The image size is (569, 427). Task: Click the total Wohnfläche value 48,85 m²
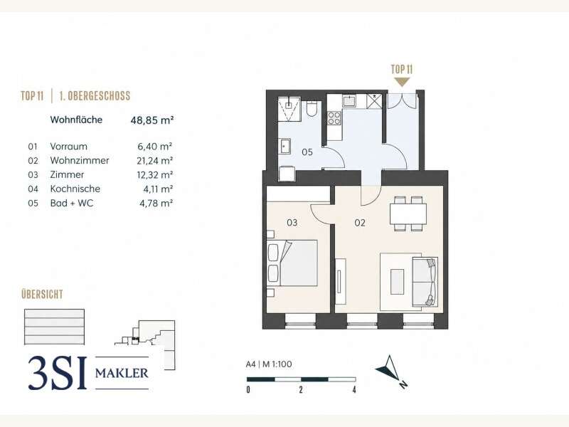click(x=152, y=120)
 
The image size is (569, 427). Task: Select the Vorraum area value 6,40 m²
click(x=154, y=147)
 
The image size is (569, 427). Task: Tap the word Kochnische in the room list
click(x=75, y=189)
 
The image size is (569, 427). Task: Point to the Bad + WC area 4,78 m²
click(x=156, y=203)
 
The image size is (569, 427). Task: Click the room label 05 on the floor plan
click(x=307, y=152)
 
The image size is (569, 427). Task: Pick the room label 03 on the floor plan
click(x=292, y=223)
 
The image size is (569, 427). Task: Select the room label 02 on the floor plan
click(x=360, y=223)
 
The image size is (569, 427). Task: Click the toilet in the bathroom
click(x=312, y=109)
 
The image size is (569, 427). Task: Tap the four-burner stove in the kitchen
click(x=334, y=118)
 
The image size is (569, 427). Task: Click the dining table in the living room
click(x=408, y=214)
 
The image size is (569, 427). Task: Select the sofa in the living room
click(x=425, y=282)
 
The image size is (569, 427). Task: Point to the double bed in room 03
click(x=292, y=263)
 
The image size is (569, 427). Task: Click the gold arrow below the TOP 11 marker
click(x=402, y=82)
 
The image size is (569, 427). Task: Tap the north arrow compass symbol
click(x=389, y=370)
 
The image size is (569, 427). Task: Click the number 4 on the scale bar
click(x=354, y=389)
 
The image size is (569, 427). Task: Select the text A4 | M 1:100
click(x=269, y=364)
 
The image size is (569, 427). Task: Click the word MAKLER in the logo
click(x=122, y=373)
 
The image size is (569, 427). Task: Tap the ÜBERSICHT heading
click(x=42, y=294)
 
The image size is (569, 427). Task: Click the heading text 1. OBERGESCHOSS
click(x=95, y=96)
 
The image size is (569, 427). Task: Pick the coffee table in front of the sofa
click(x=398, y=282)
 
